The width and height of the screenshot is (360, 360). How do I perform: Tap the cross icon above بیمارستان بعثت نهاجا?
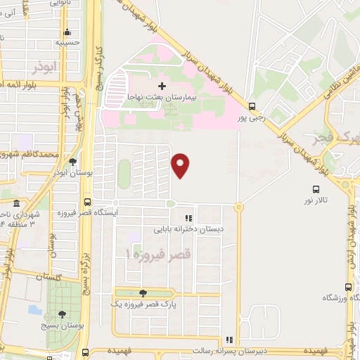point(162,86)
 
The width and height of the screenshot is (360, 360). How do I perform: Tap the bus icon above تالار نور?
point(316,188)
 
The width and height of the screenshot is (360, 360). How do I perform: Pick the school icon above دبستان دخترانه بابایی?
point(188,218)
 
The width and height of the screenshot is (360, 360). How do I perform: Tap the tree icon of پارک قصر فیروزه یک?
point(143,293)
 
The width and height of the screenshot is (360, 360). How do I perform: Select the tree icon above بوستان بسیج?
point(62,314)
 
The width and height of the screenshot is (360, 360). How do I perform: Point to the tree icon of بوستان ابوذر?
point(72,161)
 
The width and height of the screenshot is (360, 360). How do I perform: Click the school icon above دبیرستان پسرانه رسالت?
point(228,340)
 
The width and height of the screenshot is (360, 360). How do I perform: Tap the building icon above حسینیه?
point(67,32)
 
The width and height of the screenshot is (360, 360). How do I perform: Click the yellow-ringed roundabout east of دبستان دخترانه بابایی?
point(239,207)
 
